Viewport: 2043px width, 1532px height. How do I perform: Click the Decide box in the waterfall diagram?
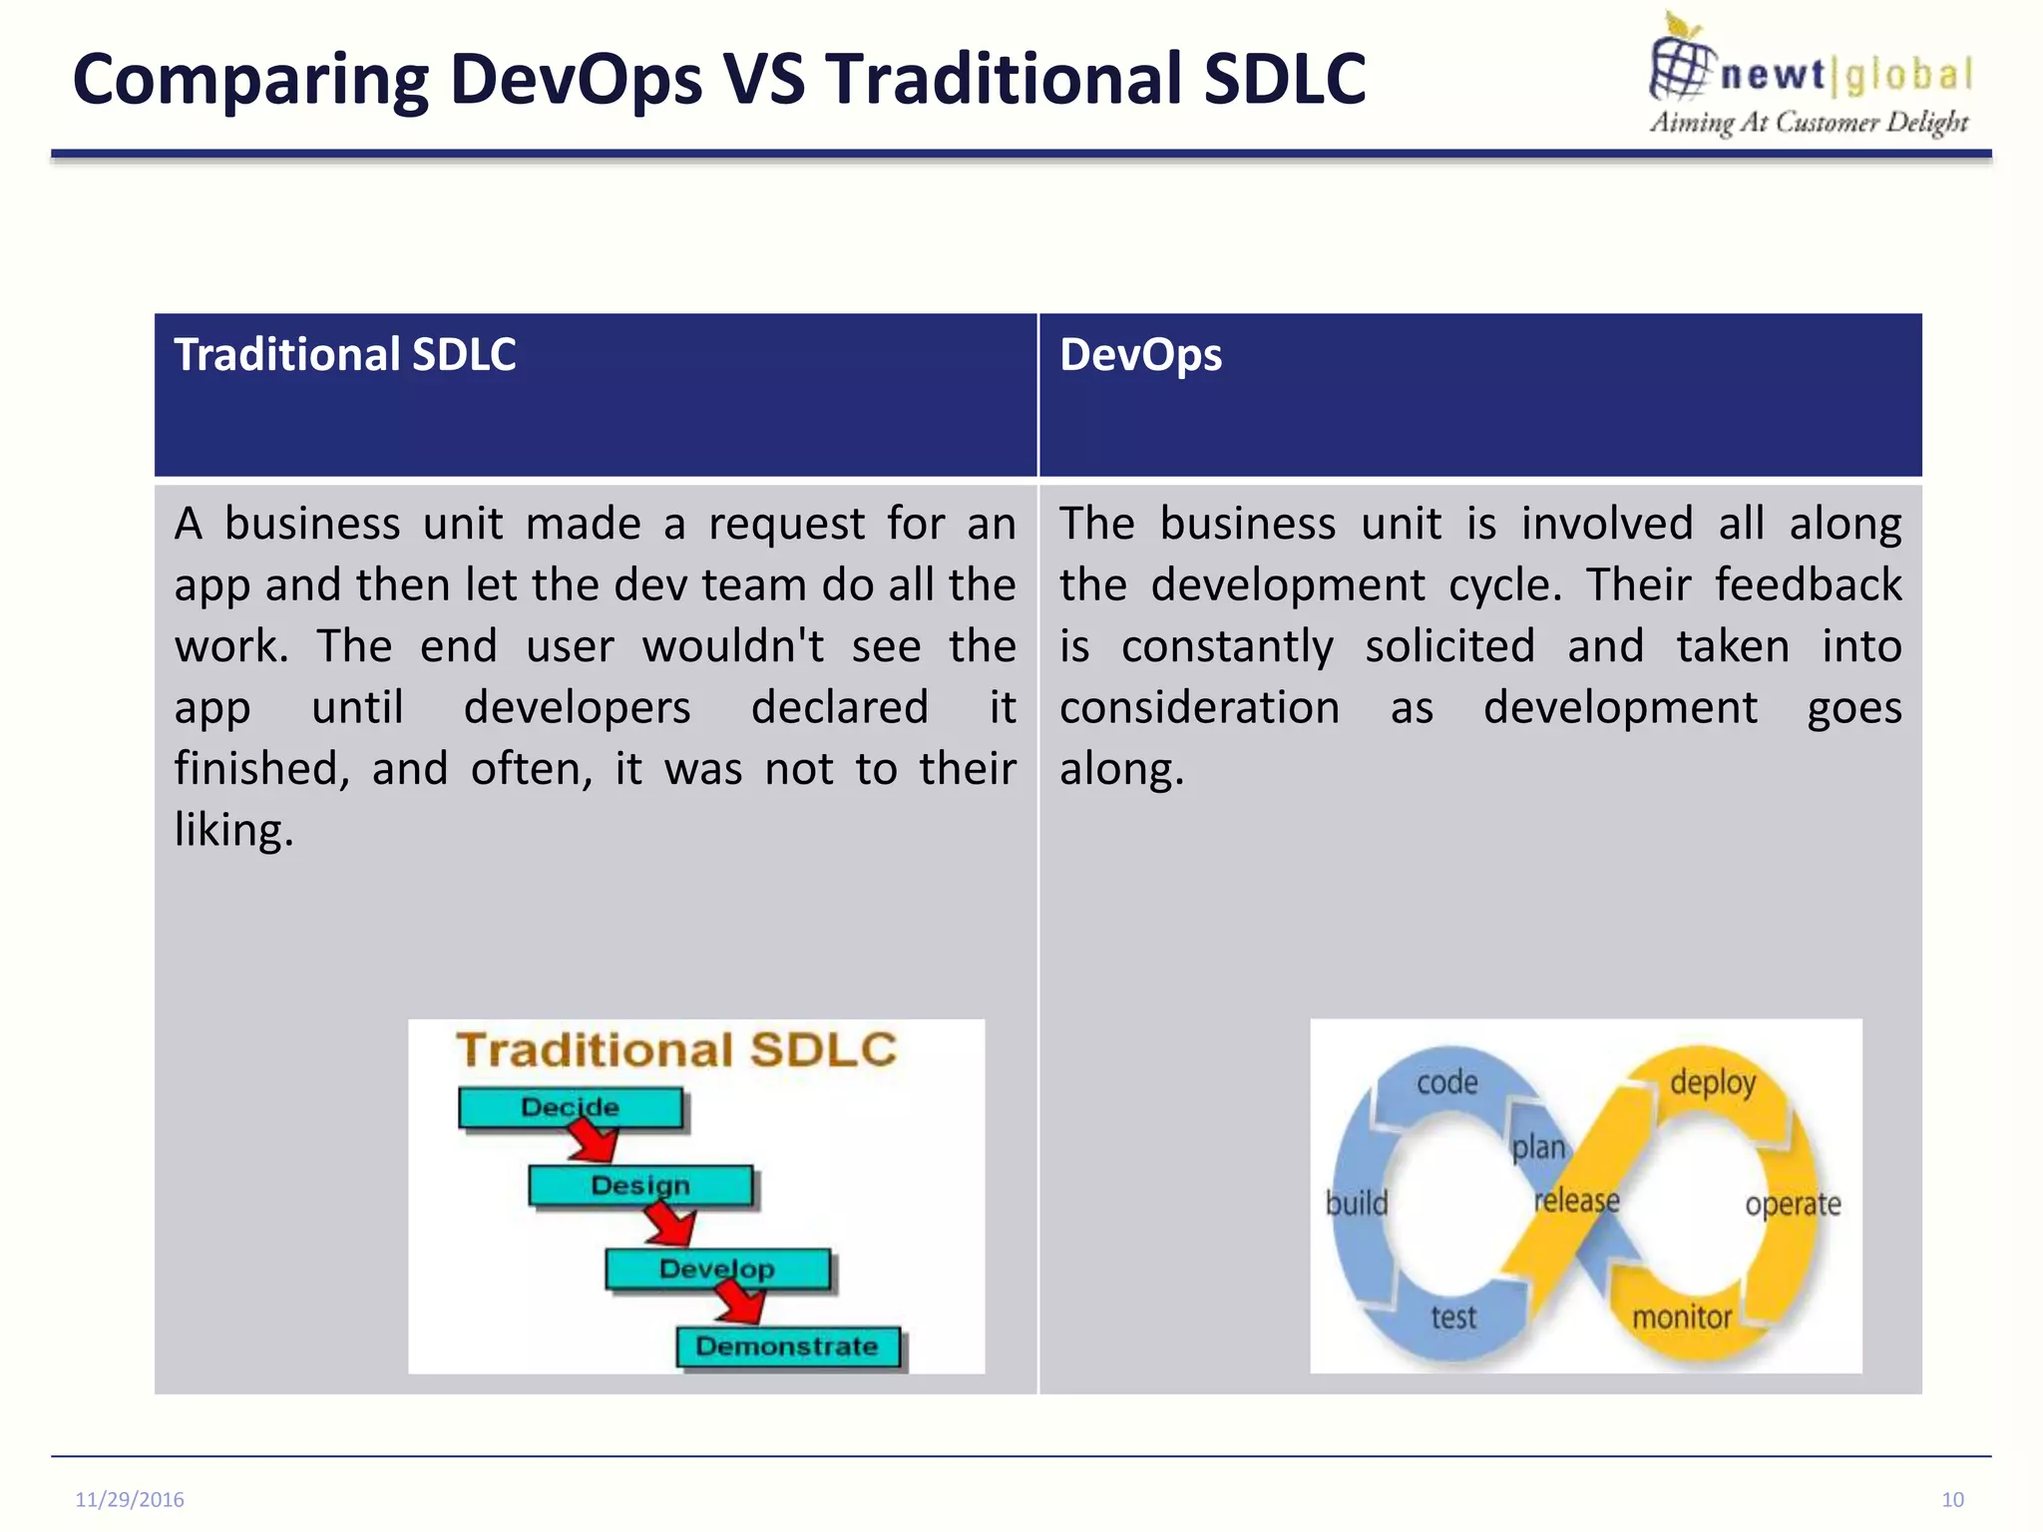[571, 1108]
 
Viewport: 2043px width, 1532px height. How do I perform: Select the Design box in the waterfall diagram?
[639, 1185]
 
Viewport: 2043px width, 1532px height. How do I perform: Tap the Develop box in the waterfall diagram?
[716, 1269]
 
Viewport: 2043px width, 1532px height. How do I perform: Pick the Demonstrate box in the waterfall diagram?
[787, 1346]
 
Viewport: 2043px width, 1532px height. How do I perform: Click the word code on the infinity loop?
[1446, 1082]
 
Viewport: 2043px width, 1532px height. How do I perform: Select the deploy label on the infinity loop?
[1713, 1082]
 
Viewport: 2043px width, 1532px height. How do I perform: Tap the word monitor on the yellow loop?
[1682, 1318]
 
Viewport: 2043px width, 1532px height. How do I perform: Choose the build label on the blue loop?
[1357, 1203]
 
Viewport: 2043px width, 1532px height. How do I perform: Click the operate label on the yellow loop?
[1793, 1204]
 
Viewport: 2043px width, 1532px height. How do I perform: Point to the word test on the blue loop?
[1453, 1318]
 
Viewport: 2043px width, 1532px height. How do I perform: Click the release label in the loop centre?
[1576, 1200]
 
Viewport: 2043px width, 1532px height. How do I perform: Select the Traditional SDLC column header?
[345, 355]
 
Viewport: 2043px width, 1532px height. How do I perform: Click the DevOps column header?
[1140, 355]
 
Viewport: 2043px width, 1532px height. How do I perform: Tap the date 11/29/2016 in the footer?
[130, 1499]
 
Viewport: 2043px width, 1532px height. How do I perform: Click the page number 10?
[1952, 1499]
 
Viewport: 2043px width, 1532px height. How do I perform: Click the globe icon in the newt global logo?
[1681, 66]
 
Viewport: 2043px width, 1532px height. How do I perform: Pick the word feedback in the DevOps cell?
[1808, 584]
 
